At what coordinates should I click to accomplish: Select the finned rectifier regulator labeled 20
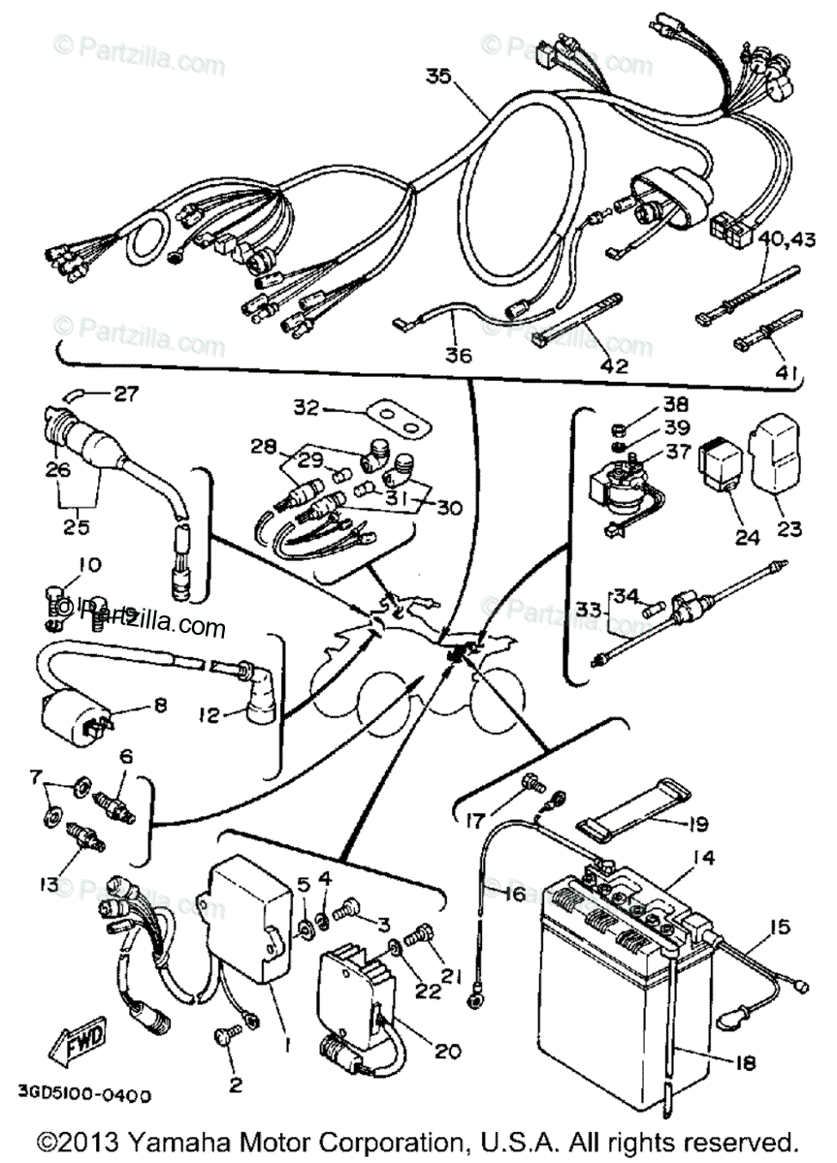tap(357, 989)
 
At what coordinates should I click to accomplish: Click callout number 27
tap(126, 394)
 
